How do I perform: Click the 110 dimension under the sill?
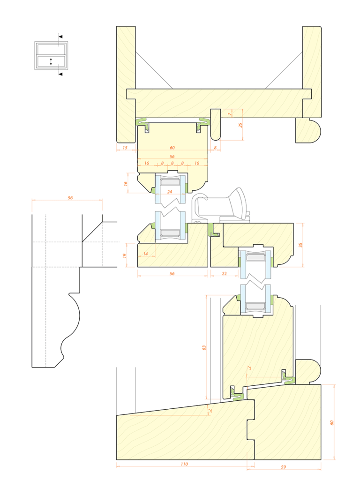pos(184,464)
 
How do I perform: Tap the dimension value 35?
pos(300,245)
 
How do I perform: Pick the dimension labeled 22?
pos(224,273)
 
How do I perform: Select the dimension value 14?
pos(146,254)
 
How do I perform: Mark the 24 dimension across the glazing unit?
pos(170,192)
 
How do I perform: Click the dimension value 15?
pos(125,148)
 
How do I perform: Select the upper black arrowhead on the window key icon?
pos(60,36)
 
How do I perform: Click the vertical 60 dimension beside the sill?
pos(332,422)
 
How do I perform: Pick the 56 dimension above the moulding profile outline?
pos(70,198)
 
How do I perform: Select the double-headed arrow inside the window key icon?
pos(51,61)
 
